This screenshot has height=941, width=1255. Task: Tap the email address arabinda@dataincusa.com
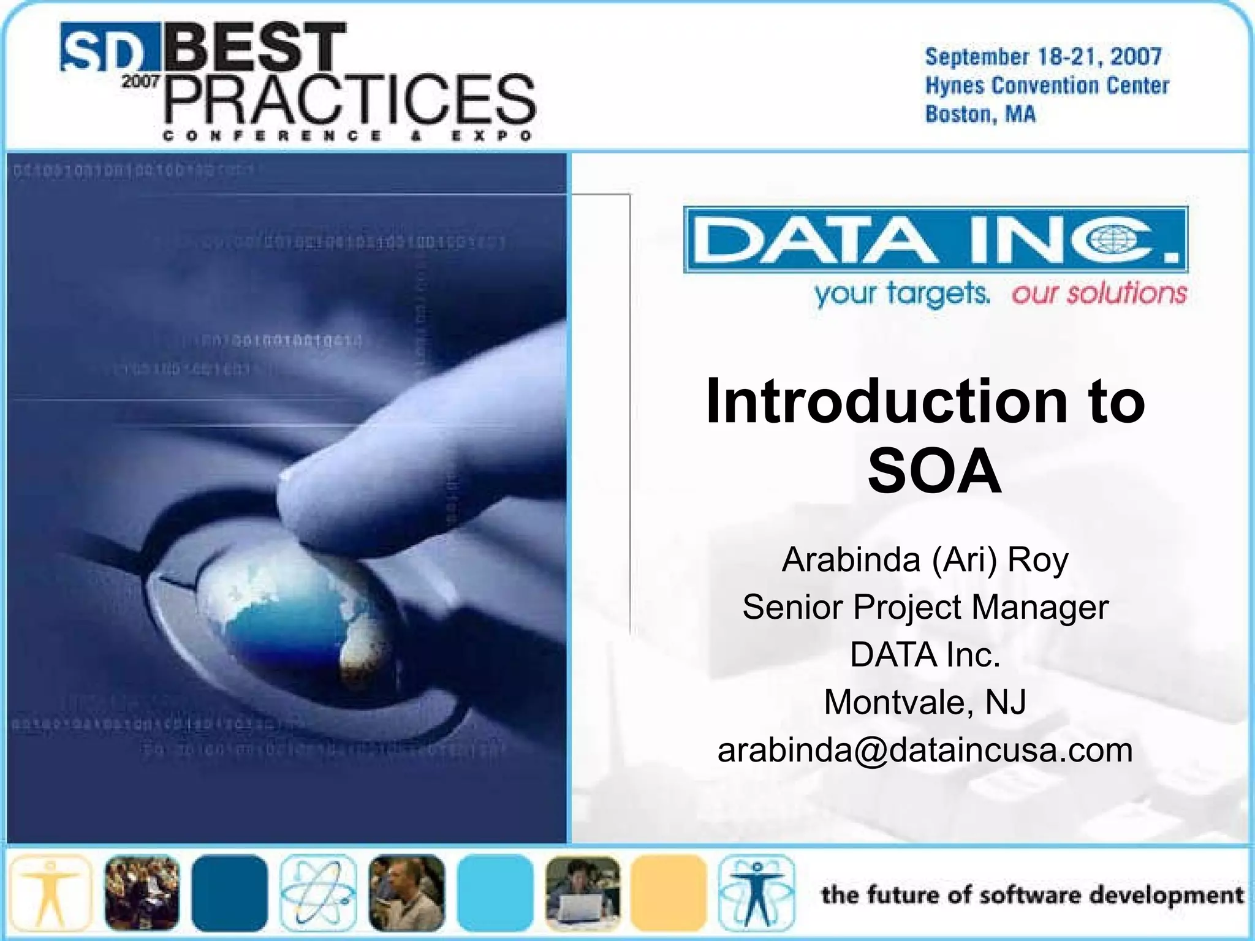[x=925, y=750]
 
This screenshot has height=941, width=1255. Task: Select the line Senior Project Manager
[x=925, y=607]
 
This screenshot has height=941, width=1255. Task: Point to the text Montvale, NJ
[x=925, y=702]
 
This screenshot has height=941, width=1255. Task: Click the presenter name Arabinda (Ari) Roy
[x=925, y=559]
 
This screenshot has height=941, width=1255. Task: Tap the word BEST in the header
[x=254, y=48]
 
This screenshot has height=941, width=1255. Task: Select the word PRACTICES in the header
[x=350, y=100]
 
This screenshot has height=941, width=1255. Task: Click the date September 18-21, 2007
[x=1043, y=57]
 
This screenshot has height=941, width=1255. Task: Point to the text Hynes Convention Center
[x=1047, y=86]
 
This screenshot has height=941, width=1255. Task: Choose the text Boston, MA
[x=980, y=115]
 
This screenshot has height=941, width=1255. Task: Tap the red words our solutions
[x=1099, y=293]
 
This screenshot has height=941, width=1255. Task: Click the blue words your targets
[x=901, y=295]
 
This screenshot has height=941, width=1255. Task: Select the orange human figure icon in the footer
[x=50, y=893]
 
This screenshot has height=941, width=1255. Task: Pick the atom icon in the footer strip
[x=318, y=893]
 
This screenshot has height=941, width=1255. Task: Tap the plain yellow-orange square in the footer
[x=669, y=893]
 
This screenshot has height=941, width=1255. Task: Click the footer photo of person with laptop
[x=582, y=893]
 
